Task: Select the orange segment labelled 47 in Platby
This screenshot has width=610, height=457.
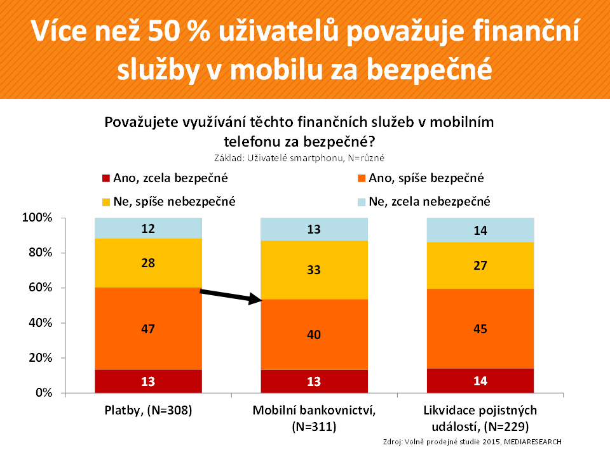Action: pyautogui.click(x=148, y=329)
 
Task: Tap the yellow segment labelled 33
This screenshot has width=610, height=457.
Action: pyautogui.click(x=315, y=270)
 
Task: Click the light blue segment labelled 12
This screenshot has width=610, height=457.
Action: pyautogui.click(x=148, y=228)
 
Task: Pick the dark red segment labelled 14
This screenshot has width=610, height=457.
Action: pyautogui.click(x=480, y=381)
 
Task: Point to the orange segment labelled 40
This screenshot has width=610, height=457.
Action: pyautogui.click(x=315, y=334)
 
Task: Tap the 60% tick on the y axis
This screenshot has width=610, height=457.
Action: pyautogui.click(x=39, y=288)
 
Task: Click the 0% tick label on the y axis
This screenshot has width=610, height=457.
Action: pyautogui.click(x=42, y=393)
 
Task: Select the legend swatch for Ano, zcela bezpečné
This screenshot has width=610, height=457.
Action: pyautogui.click(x=105, y=179)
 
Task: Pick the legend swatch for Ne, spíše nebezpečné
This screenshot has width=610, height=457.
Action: pyautogui.click(x=105, y=202)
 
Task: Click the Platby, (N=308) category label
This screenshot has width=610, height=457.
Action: pyautogui.click(x=148, y=411)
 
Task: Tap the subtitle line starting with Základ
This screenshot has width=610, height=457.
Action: pyautogui.click(x=305, y=157)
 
